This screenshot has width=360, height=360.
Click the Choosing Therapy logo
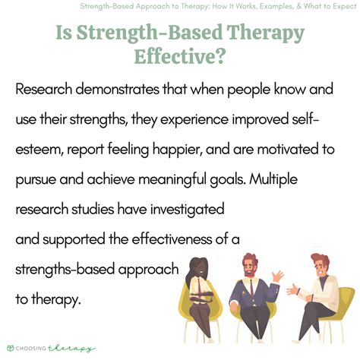(x=48, y=348)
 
